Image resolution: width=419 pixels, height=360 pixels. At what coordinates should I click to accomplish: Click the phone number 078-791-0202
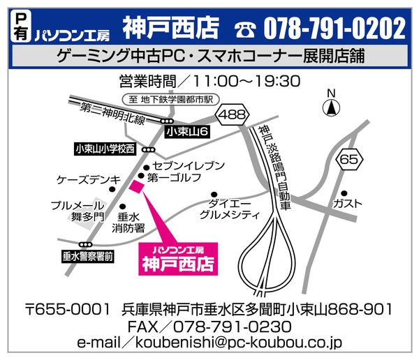tap(335, 29)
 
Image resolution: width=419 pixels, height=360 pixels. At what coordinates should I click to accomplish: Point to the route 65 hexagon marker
tap(348, 160)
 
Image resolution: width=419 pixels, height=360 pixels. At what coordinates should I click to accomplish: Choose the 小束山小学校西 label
tap(105, 149)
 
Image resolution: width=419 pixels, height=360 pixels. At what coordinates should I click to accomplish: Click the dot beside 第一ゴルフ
tap(140, 177)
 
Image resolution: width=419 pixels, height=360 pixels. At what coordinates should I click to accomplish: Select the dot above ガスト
tap(344, 193)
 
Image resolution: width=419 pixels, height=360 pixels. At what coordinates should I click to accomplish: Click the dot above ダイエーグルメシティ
tap(214, 195)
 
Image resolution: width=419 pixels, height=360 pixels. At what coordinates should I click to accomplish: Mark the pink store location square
tap(135, 186)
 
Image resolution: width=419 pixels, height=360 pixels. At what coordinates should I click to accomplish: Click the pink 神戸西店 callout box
tap(178, 259)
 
